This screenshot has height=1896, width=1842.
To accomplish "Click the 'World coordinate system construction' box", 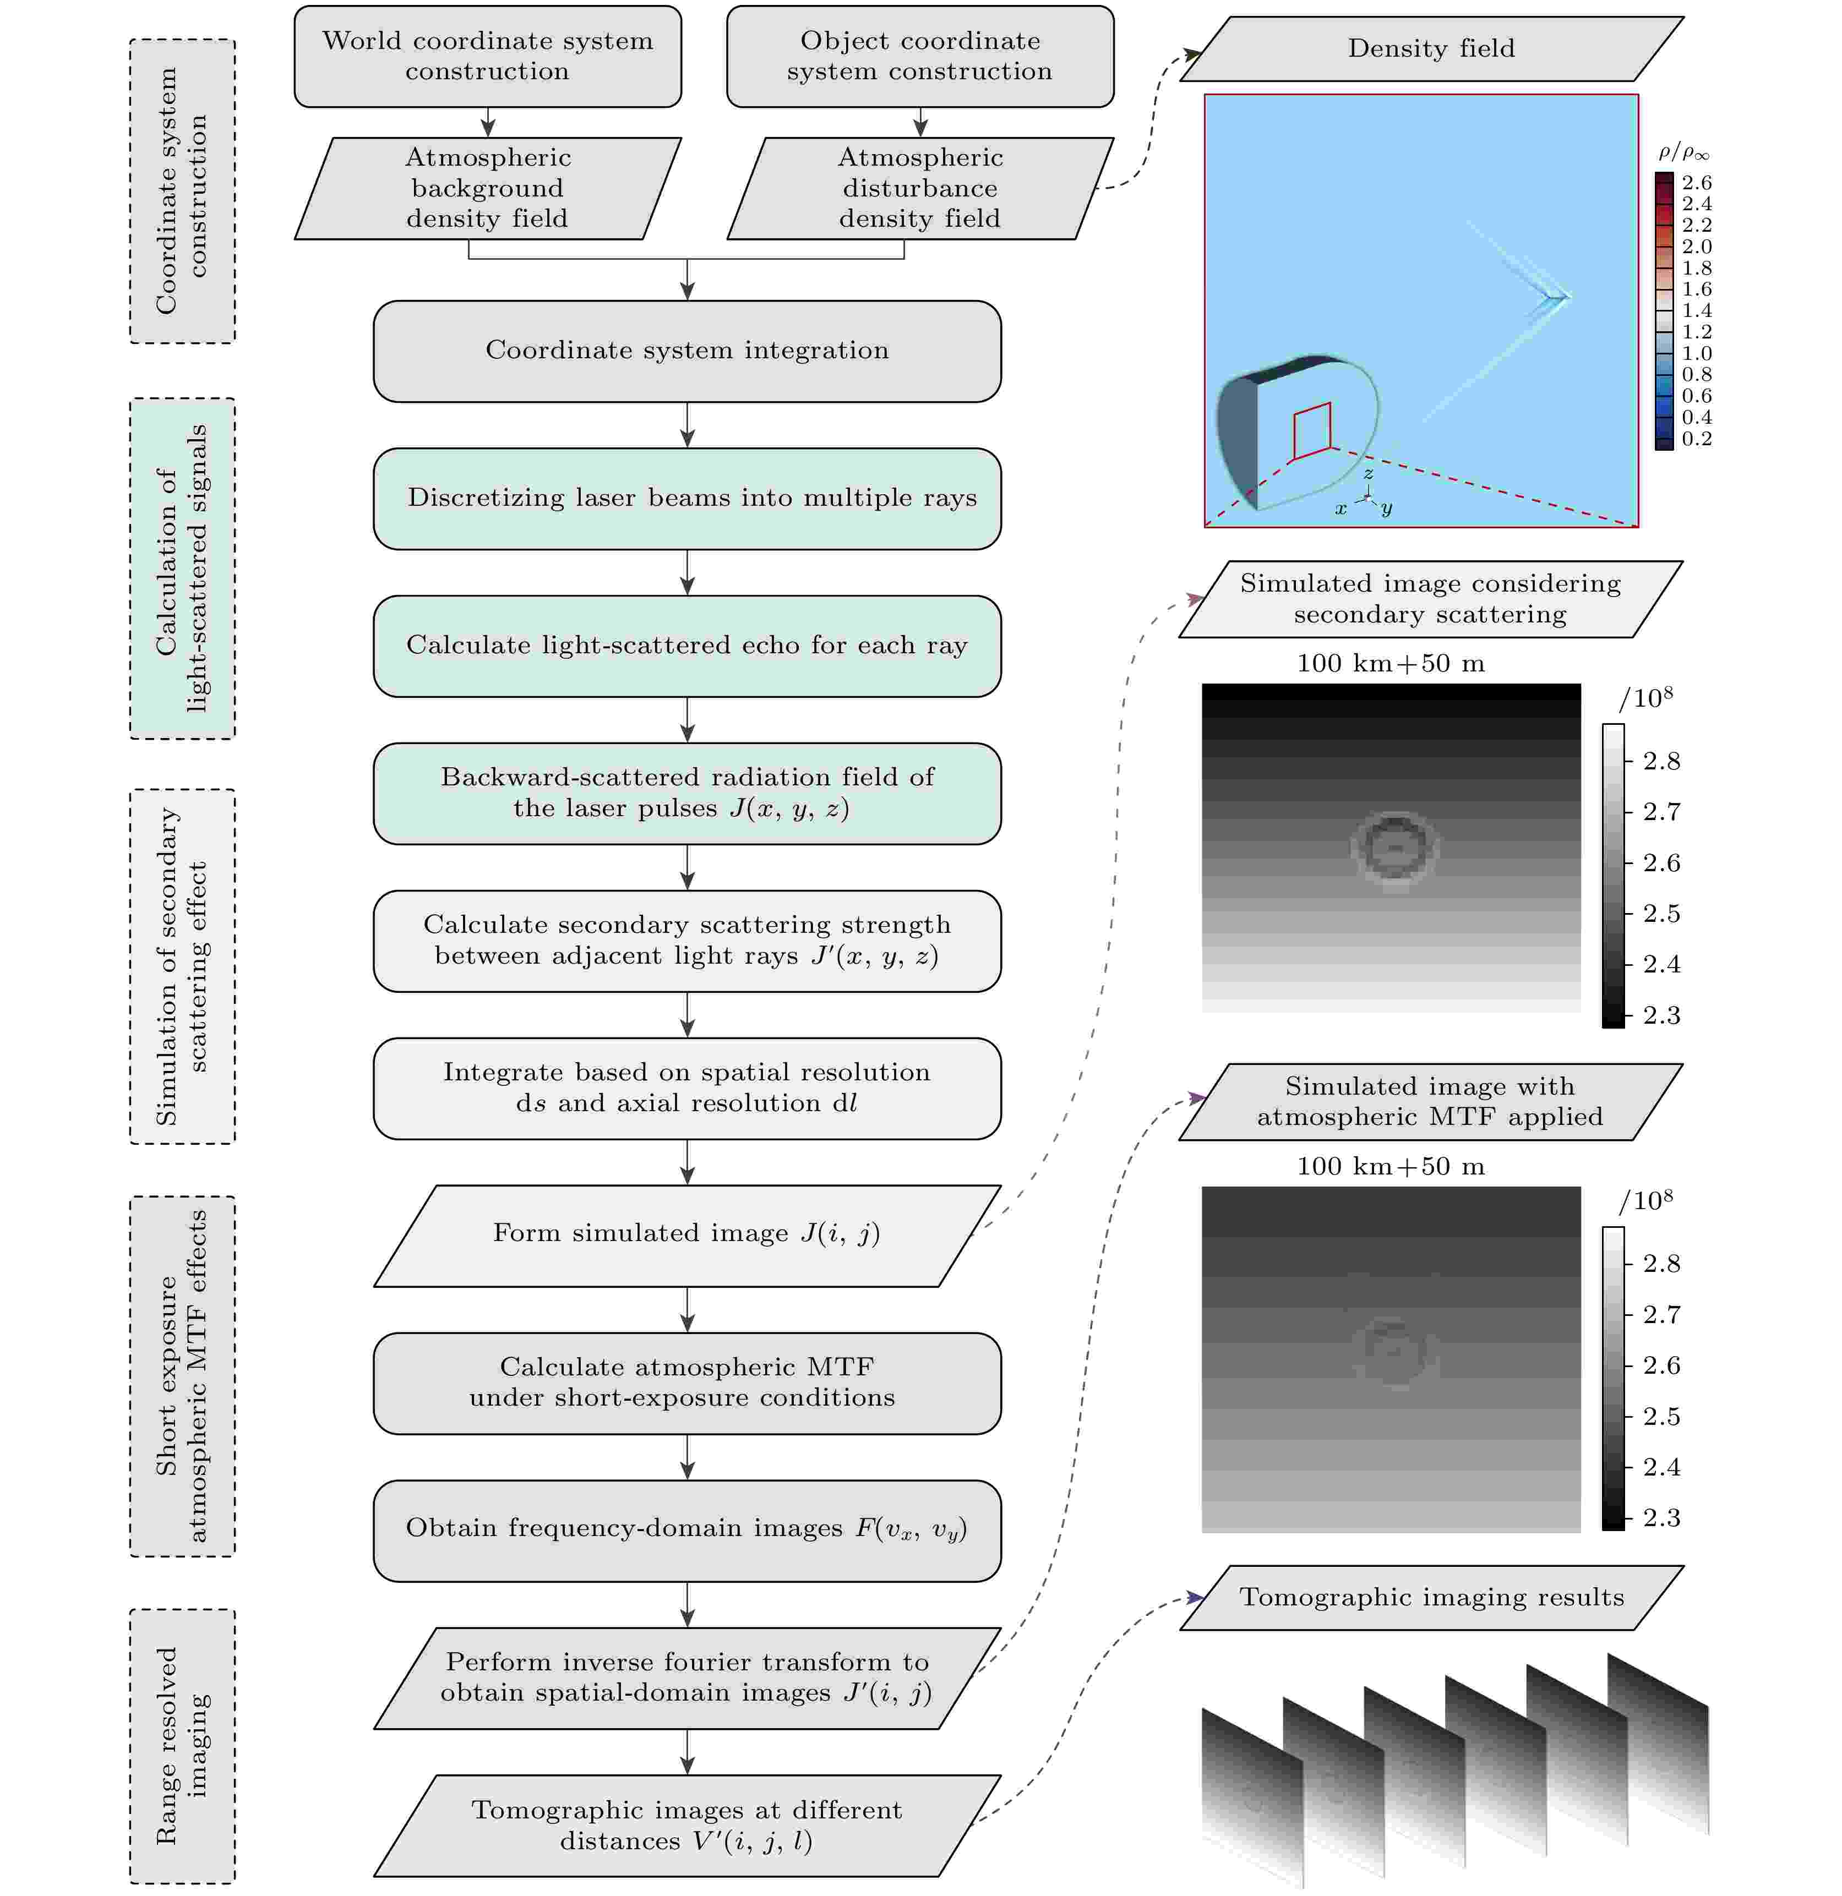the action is coord(488,56).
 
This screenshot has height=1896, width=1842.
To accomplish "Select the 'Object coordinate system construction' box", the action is coord(920,56).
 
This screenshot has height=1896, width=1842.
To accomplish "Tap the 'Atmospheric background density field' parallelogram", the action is coord(488,189).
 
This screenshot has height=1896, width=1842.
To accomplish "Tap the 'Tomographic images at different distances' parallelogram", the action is coord(687,1826).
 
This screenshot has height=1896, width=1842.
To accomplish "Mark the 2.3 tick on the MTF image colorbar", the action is coord(1661,1517).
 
